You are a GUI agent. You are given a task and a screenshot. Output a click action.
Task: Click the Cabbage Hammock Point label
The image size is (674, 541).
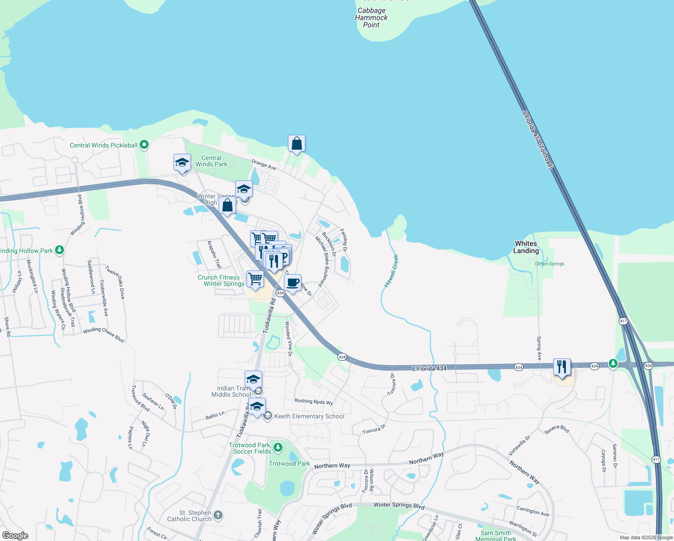(x=371, y=18)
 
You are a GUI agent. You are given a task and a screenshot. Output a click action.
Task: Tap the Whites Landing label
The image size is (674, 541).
(x=526, y=247)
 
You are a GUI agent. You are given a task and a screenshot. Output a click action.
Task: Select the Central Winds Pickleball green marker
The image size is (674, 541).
(x=144, y=145)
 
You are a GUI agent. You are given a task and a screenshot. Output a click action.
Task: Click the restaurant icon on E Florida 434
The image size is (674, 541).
(x=562, y=367)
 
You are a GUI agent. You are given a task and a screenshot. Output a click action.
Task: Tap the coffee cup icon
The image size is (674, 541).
(x=293, y=283)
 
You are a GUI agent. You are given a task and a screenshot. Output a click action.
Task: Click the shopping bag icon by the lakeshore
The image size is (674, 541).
(x=296, y=143)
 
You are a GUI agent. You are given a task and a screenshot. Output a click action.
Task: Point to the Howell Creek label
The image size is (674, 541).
(x=391, y=271)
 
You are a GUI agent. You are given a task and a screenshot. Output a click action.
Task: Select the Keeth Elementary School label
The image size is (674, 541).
(x=309, y=416)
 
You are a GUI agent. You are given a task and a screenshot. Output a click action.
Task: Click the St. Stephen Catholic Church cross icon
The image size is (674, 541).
(x=218, y=515)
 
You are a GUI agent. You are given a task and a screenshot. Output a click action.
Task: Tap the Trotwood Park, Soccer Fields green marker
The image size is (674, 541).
(x=278, y=447)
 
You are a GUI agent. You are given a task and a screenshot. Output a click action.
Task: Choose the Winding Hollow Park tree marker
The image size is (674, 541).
(x=59, y=250)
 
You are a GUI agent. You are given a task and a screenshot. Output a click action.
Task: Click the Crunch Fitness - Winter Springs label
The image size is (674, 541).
(x=221, y=280)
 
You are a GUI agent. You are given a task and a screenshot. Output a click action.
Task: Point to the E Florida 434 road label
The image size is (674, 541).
(x=429, y=369)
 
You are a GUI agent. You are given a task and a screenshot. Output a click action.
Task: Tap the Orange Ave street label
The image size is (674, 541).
(x=264, y=165)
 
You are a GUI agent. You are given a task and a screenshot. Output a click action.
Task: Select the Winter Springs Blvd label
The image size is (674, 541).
(x=399, y=505)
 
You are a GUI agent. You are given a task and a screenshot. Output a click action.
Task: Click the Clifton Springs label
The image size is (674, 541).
(x=549, y=264)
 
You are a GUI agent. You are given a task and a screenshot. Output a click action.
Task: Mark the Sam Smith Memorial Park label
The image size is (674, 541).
(x=496, y=536)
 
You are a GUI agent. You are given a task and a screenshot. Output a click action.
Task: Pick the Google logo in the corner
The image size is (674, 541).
(x=15, y=535)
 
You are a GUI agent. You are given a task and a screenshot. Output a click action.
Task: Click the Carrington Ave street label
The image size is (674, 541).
(x=533, y=511)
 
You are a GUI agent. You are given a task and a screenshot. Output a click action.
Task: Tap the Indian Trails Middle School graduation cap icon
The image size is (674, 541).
(x=253, y=379)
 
